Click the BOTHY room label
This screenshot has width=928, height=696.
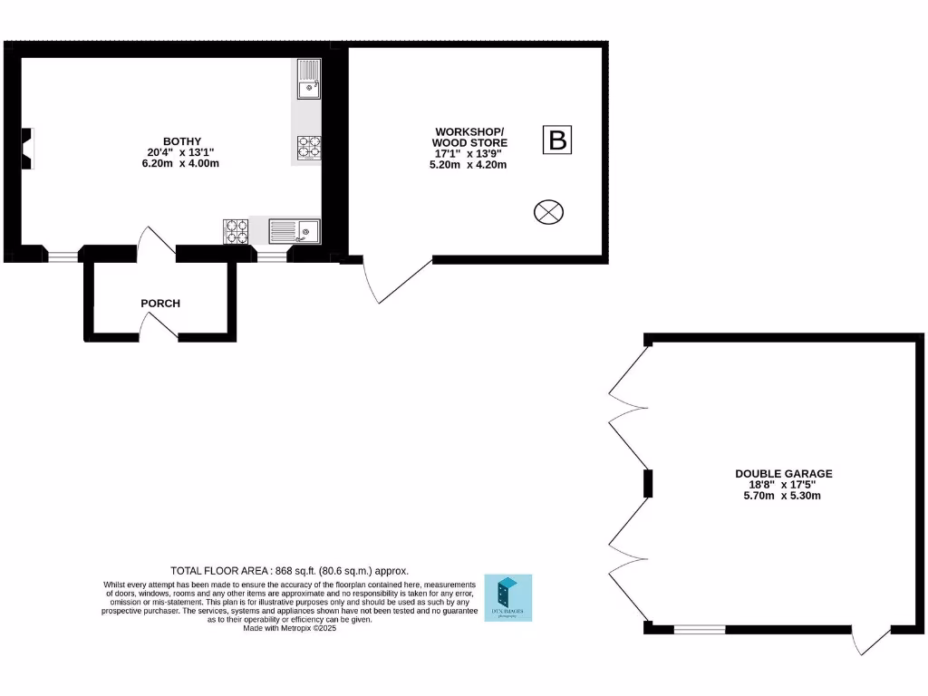click(181, 141)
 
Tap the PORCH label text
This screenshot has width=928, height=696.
click(160, 303)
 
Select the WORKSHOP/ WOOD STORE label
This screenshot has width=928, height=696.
click(469, 137)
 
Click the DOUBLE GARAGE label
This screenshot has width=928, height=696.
click(783, 473)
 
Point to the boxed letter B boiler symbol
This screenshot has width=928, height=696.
click(558, 140)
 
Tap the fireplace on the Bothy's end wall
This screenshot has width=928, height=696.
click(29, 149)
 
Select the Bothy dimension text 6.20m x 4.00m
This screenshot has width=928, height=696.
click(181, 164)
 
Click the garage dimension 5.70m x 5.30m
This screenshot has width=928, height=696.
click(783, 496)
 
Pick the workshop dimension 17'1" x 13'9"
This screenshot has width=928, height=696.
click(468, 154)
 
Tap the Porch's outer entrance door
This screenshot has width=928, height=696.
click(159, 333)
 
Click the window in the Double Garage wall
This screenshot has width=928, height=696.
click(700, 628)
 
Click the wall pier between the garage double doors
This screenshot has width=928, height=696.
click(648, 483)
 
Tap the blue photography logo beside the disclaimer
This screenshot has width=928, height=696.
click(508, 598)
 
